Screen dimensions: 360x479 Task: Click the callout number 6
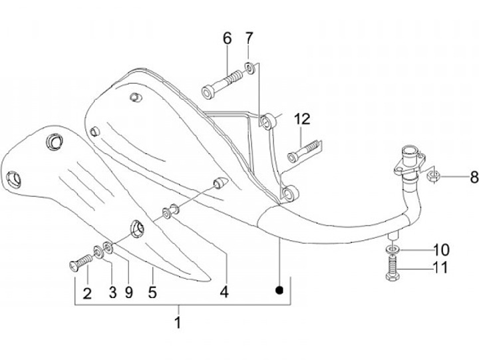227,39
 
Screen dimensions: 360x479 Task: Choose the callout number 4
224,291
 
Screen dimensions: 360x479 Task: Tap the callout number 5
152,291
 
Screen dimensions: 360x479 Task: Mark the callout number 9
129,291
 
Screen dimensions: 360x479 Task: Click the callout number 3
112,291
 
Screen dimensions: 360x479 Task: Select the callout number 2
86,291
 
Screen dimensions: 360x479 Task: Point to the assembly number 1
178,323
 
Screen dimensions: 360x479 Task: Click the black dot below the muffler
280,289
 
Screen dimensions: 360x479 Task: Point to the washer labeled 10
392,250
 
